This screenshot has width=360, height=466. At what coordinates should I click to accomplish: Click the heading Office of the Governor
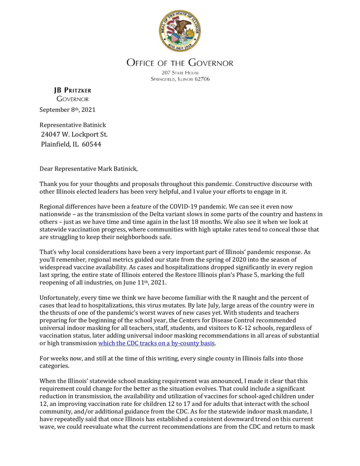pos(180,63)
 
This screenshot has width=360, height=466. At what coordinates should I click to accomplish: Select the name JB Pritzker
pos(73,90)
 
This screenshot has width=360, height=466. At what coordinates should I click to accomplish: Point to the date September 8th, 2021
pos(67,110)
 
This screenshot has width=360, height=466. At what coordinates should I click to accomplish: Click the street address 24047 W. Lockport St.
pos(74,134)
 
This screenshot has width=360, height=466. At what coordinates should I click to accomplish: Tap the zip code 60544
pos(91,144)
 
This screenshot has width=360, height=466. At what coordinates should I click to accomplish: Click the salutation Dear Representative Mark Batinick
pos(88,169)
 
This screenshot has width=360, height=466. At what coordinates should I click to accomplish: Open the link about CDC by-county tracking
pos(156,343)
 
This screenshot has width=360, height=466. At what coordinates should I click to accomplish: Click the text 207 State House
pos(180,73)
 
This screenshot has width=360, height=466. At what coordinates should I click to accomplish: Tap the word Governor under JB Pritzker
pos(73,99)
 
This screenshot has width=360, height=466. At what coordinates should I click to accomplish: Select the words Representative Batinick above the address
pos(73,125)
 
